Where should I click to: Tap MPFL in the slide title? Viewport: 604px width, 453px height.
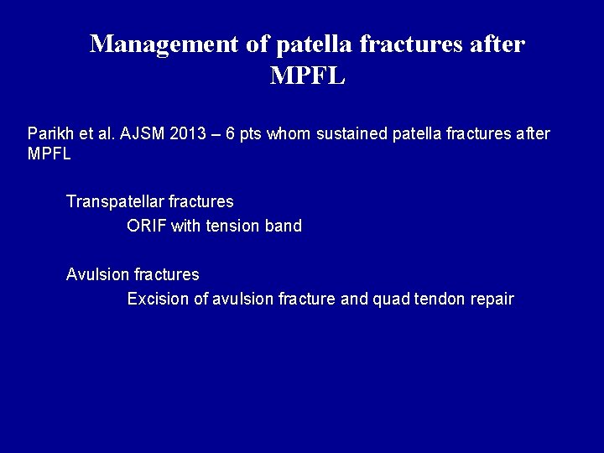(308, 76)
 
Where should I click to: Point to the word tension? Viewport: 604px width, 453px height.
(230, 226)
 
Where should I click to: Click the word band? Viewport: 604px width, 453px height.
(282, 226)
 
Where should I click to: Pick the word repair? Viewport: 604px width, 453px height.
(492, 299)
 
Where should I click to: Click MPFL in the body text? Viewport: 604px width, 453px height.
(49, 154)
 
